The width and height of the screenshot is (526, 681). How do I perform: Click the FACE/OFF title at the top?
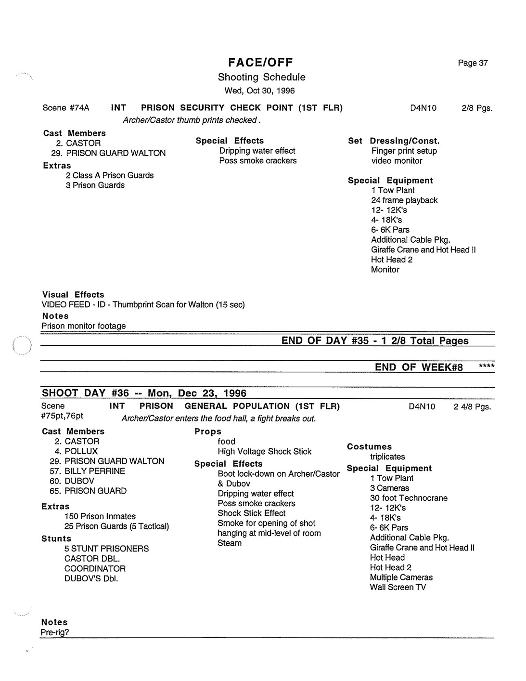[x=260, y=62]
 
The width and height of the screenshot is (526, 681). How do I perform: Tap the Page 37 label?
[x=473, y=63]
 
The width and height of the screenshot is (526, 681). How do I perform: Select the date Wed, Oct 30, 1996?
[x=259, y=91]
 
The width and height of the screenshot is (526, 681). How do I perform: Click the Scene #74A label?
[x=66, y=108]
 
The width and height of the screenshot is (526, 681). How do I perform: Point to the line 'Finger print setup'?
[x=404, y=151]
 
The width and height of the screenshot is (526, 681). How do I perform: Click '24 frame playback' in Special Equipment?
[x=404, y=200]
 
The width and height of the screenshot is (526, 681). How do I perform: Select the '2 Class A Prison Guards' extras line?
[x=110, y=175]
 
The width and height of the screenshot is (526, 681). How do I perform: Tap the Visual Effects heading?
[x=73, y=295]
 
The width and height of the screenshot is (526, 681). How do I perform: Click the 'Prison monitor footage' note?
[x=83, y=326]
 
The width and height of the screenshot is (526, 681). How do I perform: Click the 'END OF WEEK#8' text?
[x=419, y=367]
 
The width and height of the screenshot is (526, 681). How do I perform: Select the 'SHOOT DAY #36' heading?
[x=86, y=393]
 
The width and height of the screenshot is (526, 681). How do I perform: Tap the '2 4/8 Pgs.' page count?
[x=472, y=407]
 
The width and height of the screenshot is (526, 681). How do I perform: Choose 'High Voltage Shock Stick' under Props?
[x=264, y=452]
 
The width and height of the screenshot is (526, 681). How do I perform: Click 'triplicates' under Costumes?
[x=387, y=457]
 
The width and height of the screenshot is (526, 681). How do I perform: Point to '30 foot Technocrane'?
[x=409, y=498]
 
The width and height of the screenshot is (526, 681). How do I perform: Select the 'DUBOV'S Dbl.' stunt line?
[x=91, y=578]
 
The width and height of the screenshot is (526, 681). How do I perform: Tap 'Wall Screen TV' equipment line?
[x=398, y=587]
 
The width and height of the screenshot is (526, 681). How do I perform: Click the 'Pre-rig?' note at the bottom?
[x=55, y=632]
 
